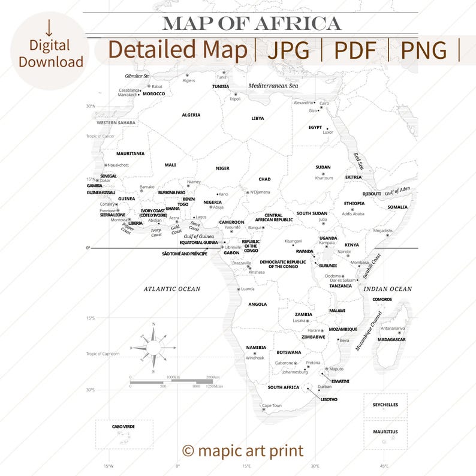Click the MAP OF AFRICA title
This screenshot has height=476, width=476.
coord(252,24)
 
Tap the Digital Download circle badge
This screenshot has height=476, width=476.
coord(50,51)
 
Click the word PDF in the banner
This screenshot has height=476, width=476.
coord(355,51)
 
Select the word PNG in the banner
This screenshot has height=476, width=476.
coord(424,51)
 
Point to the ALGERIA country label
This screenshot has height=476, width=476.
coord(191,115)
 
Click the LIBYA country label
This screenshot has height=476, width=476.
coord(257,119)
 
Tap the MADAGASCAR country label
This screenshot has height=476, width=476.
coord(391,340)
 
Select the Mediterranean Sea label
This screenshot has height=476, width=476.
coord(273,86)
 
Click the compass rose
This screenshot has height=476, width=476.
coord(153,348)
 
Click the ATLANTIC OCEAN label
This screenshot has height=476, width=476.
coord(171,289)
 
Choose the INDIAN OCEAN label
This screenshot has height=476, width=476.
coord(388,289)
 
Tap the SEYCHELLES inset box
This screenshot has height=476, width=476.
coord(385,405)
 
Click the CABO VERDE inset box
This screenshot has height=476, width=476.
coord(124,434)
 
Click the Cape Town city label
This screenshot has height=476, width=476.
coord(272,406)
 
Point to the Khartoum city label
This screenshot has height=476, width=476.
coord(324,178)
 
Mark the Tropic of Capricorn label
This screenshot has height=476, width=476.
coord(103,354)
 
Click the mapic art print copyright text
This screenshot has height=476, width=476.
coord(243,451)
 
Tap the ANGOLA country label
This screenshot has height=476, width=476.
coord(258,305)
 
